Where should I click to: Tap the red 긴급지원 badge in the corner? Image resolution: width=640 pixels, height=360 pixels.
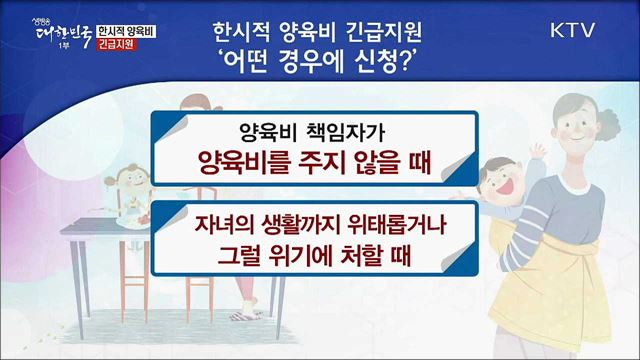coord(121,46)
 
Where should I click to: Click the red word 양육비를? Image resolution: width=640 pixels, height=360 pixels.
coord(244,165)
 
